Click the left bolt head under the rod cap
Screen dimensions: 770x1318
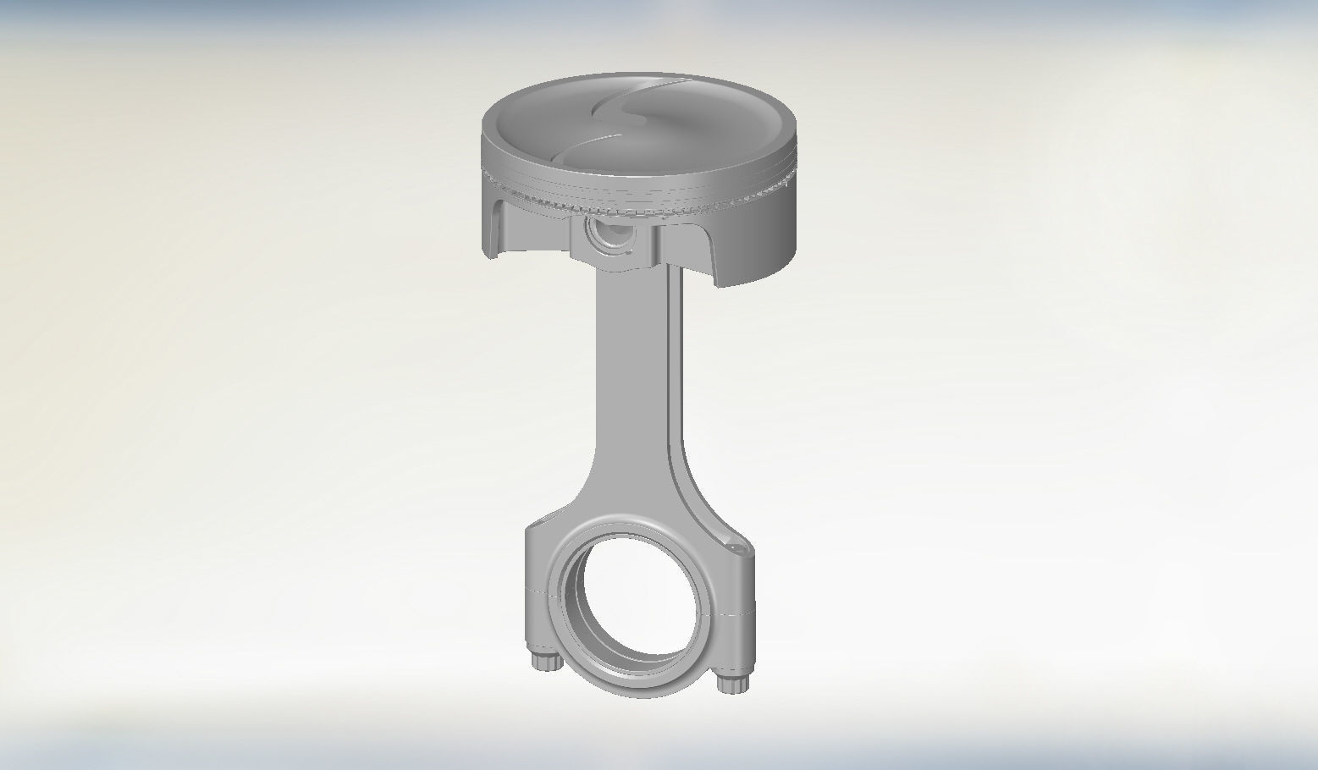pos(545,660)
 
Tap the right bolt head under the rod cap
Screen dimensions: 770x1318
pos(731,682)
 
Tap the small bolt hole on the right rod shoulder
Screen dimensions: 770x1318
pos(741,551)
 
